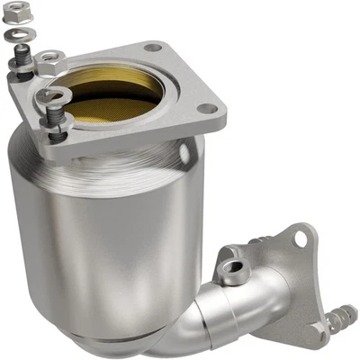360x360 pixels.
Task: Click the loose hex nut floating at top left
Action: click(15, 13)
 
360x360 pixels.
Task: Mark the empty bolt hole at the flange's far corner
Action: click(154, 47)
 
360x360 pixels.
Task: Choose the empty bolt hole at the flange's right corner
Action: click(208, 108)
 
